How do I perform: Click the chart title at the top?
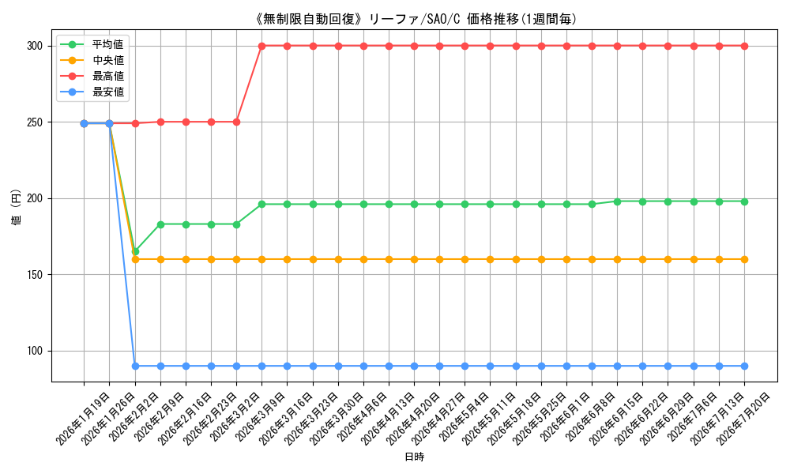click(x=416, y=19)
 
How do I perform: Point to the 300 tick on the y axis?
click(x=36, y=46)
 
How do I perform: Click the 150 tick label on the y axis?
click(x=36, y=275)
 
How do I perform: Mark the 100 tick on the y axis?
click(x=36, y=351)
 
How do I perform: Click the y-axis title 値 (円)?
click(x=16, y=206)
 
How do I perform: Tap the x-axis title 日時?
click(x=415, y=457)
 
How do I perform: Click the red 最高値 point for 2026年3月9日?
click(x=262, y=46)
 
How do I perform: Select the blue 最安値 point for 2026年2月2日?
click(x=135, y=367)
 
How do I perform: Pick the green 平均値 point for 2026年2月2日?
click(x=135, y=251)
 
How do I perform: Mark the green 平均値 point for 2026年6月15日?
click(x=618, y=201)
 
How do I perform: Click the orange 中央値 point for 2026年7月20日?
click(x=745, y=259)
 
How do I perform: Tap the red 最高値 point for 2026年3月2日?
click(x=236, y=122)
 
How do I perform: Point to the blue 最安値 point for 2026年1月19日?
click(x=85, y=123)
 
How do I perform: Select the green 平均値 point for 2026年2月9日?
click(x=160, y=224)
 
